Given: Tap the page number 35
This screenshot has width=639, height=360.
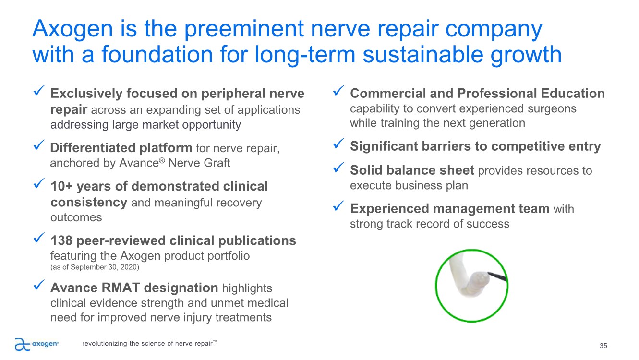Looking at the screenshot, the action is (603, 346).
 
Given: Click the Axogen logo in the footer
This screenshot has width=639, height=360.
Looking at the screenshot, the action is (36, 344).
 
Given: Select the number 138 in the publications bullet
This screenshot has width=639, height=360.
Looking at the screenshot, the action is (61, 240).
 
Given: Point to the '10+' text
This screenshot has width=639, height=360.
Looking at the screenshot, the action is (61, 186).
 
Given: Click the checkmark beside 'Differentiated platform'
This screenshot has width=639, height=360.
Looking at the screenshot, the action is (39, 145).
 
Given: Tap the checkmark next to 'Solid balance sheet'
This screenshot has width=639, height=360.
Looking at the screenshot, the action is (338, 168).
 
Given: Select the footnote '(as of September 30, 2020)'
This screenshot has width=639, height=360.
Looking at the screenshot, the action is (95, 267).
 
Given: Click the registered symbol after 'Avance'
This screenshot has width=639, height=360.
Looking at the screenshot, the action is (162, 160).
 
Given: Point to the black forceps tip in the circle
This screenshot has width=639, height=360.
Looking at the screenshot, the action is (497, 276).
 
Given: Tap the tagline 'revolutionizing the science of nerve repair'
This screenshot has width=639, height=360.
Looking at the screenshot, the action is (149, 343).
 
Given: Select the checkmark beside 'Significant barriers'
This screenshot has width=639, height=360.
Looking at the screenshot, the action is (338, 144).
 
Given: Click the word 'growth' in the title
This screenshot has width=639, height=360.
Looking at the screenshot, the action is (526, 55).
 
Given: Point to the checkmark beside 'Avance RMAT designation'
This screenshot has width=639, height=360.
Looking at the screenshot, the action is (39, 285).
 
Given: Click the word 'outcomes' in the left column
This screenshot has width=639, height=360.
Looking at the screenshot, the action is (76, 217).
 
